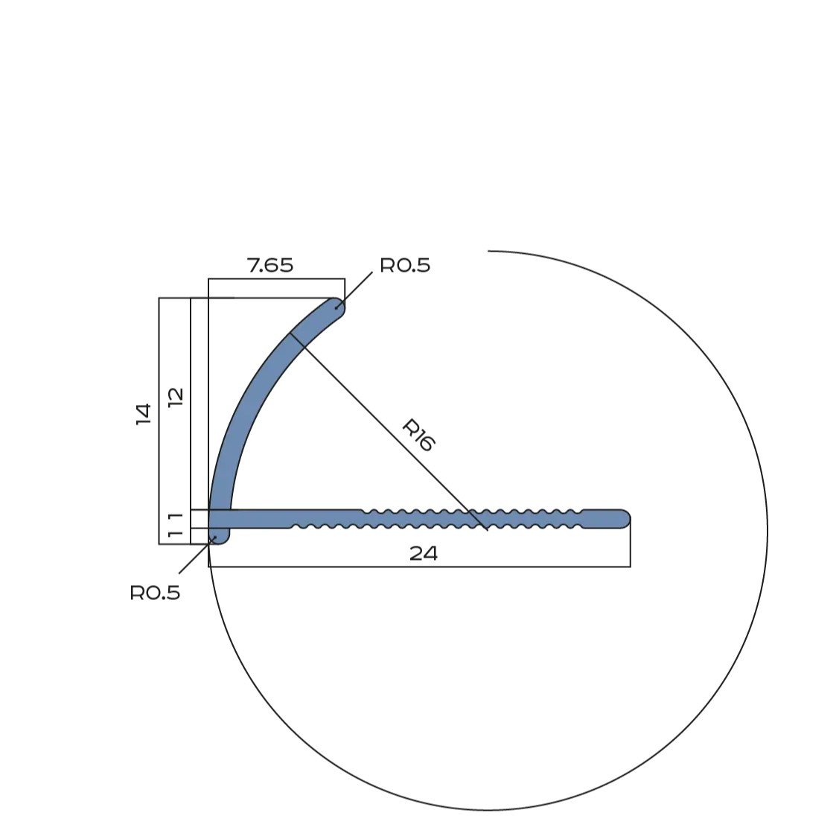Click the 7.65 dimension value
click(x=270, y=265)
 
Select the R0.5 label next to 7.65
click(x=405, y=265)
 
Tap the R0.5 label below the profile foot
click(x=155, y=593)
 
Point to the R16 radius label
click(x=418, y=435)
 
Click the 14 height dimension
click(x=144, y=415)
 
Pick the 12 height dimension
click(x=176, y=397)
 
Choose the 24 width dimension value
click(x=424, y=554)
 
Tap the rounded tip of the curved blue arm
click(x=338, y=307)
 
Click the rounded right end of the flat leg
click(x=623, y=518)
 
